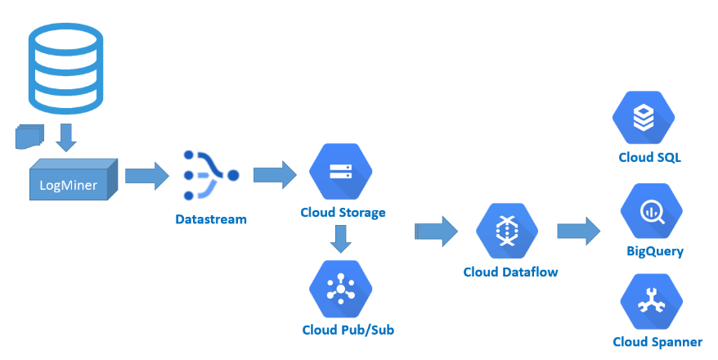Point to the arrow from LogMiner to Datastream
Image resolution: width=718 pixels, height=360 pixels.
146,176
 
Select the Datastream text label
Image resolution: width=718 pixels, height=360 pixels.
210,219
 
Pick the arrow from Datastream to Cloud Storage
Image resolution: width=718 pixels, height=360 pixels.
274,174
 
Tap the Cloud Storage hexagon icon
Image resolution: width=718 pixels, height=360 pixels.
340,172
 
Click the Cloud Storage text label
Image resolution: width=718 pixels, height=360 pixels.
343,213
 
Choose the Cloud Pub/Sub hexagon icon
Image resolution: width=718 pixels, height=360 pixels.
340,288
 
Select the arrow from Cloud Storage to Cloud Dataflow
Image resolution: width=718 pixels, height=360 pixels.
436,231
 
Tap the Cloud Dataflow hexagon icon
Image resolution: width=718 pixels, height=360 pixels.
508,231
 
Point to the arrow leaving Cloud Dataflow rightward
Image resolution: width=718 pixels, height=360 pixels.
579,231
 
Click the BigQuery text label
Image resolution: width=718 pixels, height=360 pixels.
655,251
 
